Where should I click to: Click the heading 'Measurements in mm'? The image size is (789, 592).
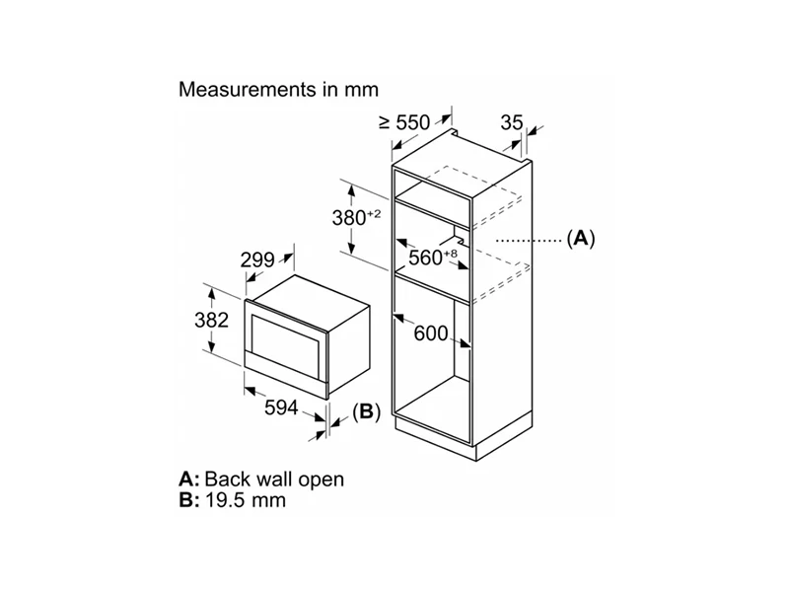point(278,90)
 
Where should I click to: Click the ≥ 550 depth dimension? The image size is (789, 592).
point(405,123)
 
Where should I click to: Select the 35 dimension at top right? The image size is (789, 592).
point(511,123)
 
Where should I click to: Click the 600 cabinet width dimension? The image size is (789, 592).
point(431,333)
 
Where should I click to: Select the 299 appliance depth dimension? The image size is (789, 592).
point(258,261)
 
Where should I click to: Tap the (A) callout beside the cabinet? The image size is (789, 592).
point(582,238)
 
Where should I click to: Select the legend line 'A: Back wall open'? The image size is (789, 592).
point(261,480)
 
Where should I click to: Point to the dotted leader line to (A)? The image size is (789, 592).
point(528,239)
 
